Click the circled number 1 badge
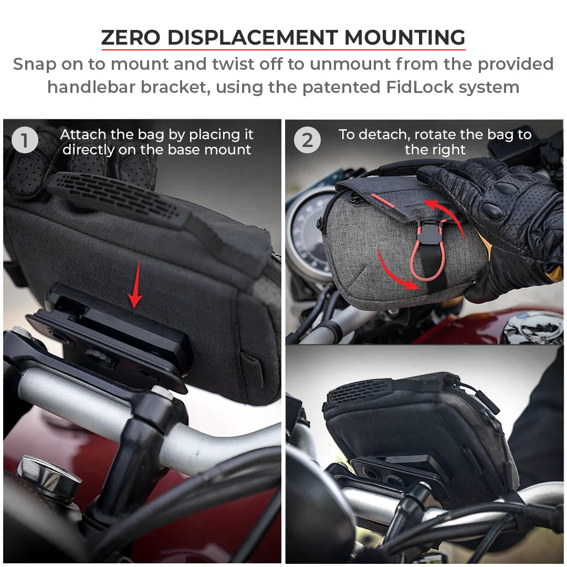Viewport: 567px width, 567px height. [x=25, y=141]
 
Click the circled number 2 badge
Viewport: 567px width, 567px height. [x=307, y=141]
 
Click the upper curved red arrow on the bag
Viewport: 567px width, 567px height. [x=446, y=220]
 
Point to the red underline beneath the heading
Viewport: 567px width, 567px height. [x=283, y=50]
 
